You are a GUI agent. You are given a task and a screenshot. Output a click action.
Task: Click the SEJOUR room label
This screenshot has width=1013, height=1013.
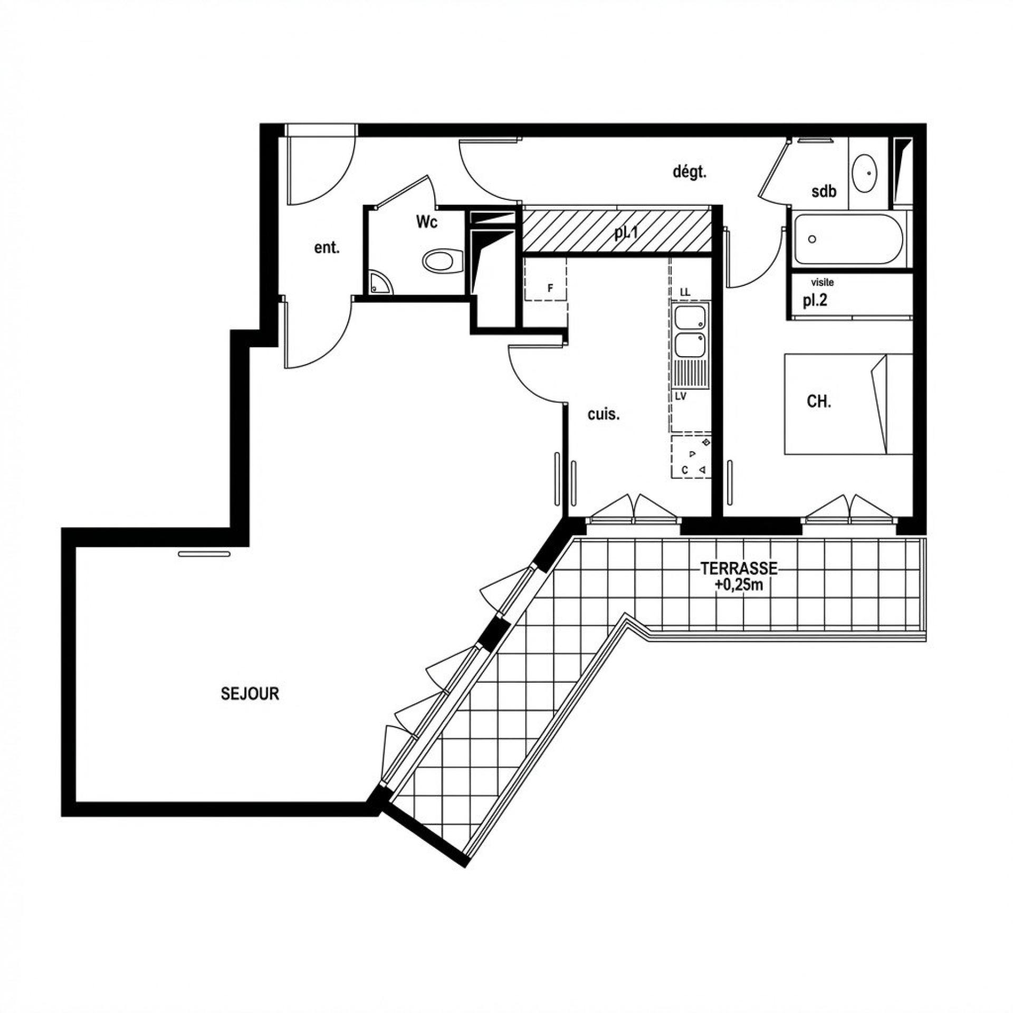coord(250,693)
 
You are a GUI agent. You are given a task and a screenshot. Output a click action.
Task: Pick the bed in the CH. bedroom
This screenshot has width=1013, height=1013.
coord(848,404)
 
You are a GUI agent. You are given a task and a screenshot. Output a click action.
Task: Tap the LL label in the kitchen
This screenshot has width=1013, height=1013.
coord(685,292)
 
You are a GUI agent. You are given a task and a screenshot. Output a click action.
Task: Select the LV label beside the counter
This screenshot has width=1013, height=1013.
coord(681,396)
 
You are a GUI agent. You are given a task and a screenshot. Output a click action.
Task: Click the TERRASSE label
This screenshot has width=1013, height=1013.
coord(739,569)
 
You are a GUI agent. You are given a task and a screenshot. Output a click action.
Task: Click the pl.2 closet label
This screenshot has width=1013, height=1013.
coord(815,301)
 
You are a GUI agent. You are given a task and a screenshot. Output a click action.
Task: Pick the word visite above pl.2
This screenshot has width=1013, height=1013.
coord(823,283)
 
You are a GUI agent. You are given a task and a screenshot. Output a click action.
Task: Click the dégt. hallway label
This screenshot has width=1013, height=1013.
coord(689,173)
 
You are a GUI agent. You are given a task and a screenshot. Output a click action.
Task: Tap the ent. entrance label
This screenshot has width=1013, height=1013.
coord(327,248)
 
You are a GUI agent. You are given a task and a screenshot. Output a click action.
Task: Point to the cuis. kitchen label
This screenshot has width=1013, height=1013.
coord(604,415)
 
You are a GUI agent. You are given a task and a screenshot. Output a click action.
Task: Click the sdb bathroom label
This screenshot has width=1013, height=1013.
coord(824,191)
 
